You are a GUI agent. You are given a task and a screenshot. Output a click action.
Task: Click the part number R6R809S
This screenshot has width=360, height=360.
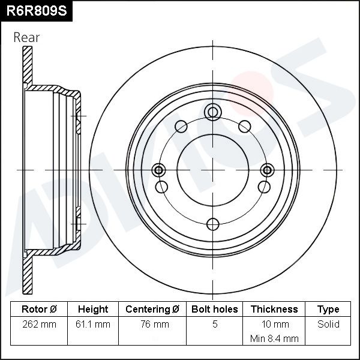[37, 11]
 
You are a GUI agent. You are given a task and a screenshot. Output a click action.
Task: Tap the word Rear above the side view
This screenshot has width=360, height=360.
[26, 37]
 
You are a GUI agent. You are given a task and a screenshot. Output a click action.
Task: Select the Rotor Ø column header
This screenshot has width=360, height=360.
[39, 309]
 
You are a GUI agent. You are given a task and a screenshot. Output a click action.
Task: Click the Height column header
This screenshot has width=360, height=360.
[93, 309]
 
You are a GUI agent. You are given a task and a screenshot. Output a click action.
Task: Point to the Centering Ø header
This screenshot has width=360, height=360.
[152, 309]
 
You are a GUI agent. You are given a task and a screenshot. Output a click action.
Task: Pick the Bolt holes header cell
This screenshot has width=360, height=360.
[214, 309]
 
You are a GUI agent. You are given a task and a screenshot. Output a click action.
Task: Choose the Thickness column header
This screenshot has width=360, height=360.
[274, 309]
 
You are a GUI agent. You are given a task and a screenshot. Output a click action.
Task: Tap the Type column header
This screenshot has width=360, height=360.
[328, 310]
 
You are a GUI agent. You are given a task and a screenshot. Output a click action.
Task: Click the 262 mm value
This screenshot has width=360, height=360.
[39, 324]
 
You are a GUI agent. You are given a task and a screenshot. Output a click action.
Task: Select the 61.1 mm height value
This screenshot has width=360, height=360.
[93, 324]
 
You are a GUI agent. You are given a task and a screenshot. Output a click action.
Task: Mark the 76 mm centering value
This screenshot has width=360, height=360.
[155, 324]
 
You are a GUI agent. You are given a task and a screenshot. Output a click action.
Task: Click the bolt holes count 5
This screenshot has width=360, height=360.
[215, 324]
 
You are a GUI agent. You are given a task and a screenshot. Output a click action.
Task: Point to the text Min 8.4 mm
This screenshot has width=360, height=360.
[274, 338]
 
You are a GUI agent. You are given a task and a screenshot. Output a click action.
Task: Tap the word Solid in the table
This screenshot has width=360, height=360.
[328, 324]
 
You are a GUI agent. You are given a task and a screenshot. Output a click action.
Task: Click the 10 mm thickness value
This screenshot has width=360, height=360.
[275, 324]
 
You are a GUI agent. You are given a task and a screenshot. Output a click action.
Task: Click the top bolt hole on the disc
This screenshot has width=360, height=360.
[213, 112]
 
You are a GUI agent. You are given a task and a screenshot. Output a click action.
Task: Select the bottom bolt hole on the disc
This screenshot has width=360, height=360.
[213, 224]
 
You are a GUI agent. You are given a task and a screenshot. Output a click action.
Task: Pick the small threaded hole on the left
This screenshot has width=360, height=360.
[158, 170]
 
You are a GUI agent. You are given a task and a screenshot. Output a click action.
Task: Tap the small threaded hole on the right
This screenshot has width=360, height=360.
[267, 170]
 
